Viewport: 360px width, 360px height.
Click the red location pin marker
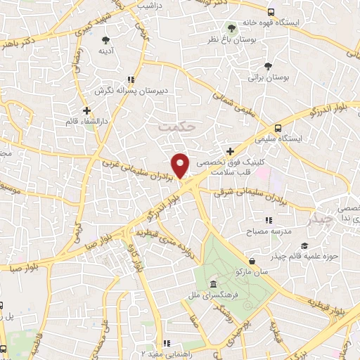coord(181,165)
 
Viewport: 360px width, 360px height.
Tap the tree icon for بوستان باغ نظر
coord(232,29)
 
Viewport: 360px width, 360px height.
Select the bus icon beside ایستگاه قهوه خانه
coord(271,12)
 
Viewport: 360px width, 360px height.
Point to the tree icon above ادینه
coord(105,39)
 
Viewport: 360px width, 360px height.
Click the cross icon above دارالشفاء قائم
coord(86,110)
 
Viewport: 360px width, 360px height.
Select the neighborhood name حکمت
coord(175,127)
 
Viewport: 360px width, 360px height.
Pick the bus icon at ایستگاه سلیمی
coord(278,129)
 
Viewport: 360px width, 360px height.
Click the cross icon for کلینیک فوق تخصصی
coord(231,151)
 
